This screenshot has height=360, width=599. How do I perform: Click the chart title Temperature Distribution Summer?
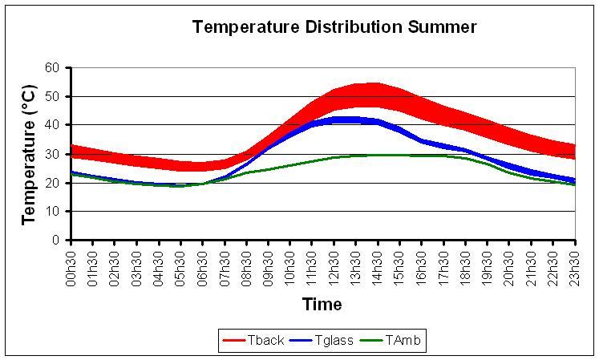[x=334, y=27]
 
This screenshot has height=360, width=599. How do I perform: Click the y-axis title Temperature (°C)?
[x=30, y=152]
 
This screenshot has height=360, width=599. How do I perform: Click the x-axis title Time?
[x=322, y=305]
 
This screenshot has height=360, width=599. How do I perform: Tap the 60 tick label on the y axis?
[x=53, y=68]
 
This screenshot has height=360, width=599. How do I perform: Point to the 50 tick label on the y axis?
[x=53, y=97]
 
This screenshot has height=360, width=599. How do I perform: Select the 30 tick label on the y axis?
[x=53, y=154]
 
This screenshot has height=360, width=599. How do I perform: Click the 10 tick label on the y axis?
[x=53, y=212]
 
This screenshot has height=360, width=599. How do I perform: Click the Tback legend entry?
[x=265, y=341]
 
